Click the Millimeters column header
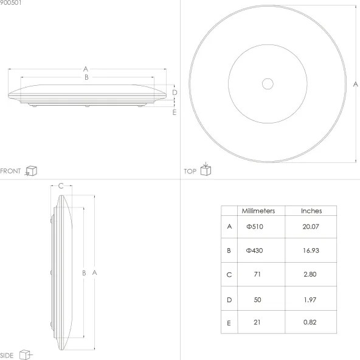coord(258,211)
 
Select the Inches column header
coord(311,211)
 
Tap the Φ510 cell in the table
coord(255,227)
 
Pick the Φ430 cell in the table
coord(255,251)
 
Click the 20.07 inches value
coord(311,227)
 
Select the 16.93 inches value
coord(311,251)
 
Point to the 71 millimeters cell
coord(258,274)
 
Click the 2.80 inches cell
coord(311,274)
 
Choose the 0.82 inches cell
coord(311,322)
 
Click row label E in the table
coord(229,322)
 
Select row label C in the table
coord(229,274)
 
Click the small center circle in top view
coord(268,84)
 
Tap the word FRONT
coord(11,171)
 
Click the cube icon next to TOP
coord(206,170)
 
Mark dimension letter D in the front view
coord(175,92)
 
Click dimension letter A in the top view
coord(355,84)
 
